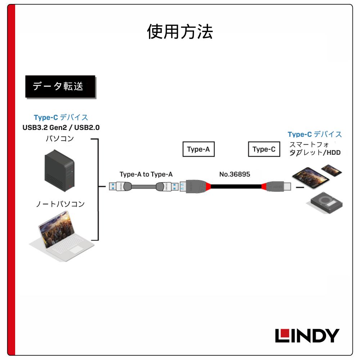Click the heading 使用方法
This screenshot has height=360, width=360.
tap(180, 32)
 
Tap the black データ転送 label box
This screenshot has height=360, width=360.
tap(60, 86)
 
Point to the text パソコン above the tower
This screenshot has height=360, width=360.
tap(60, 138)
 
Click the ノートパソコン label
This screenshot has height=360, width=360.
tap(60, 204)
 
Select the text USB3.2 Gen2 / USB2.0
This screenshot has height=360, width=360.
tap(61, 127)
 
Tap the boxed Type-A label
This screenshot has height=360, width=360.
tap(198, 149)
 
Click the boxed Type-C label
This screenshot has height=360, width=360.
tap(264, 149)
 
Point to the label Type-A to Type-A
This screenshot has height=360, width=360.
tap(146, 175)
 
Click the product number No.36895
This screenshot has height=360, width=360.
tap(235, 175)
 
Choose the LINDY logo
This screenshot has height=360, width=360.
tap(307, 336)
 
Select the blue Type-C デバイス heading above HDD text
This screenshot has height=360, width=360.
tap(315, 134)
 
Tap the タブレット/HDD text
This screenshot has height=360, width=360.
tap(315, 153)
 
